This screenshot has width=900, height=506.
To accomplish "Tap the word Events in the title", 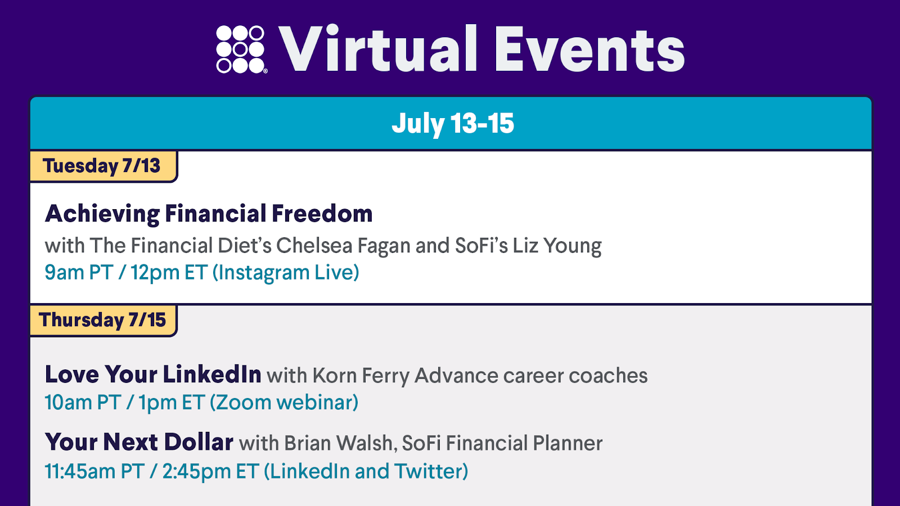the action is point(590,49).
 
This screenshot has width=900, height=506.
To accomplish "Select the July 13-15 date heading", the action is point(453,123).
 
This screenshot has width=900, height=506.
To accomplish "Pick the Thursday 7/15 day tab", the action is point(103,320).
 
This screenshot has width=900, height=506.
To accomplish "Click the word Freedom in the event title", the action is point(322,213).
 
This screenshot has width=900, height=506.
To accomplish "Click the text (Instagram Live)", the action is point(286,273).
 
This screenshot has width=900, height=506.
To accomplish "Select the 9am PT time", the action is point(79,273).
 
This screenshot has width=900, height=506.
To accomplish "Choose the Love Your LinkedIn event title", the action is point(153,374).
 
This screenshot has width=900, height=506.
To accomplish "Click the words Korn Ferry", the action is point(361,376).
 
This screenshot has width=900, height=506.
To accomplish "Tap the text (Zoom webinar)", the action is point(284,403).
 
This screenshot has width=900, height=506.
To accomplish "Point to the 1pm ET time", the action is point(172,403).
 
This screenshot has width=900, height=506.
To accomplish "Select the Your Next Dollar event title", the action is point(139,442).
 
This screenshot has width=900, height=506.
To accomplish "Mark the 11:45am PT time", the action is point(94,472).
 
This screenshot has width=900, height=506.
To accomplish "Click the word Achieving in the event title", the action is point(102,214).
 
